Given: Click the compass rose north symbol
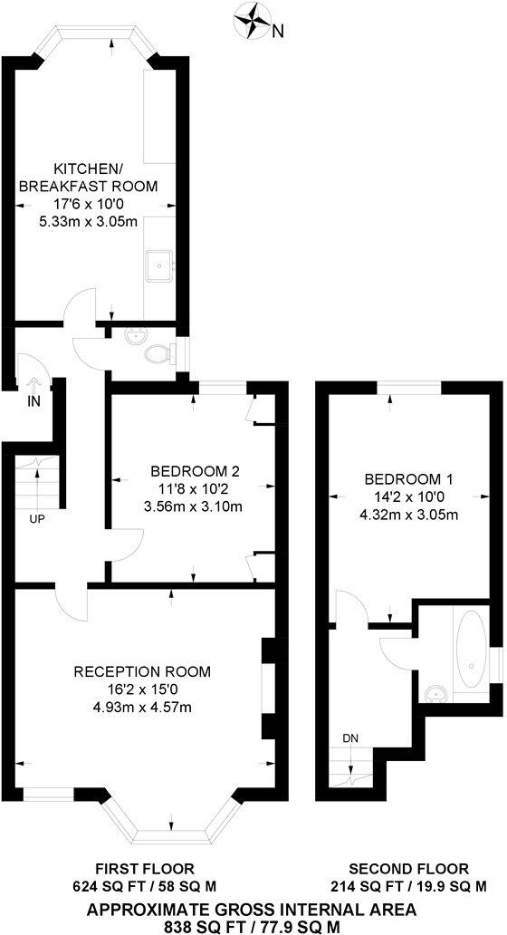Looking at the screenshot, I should (252, 20).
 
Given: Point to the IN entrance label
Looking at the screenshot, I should (34, 400).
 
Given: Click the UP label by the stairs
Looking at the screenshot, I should (37, 519).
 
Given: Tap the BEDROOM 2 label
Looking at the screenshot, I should (195, 471).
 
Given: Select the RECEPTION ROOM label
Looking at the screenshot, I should (142, 672).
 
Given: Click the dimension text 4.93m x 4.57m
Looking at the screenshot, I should (141, 707).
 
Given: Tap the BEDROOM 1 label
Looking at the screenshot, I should (408, 479).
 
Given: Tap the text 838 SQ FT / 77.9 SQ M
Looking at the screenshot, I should (252, 925).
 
